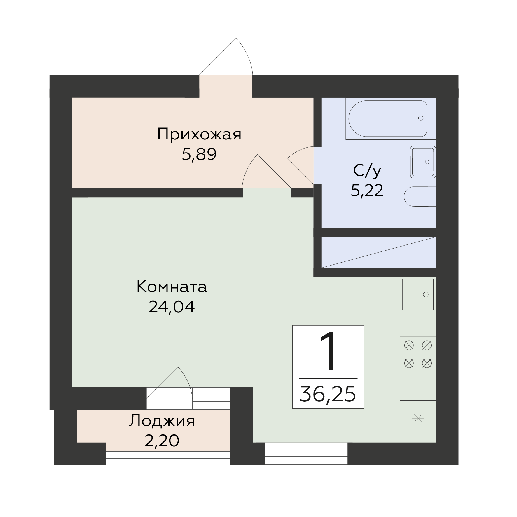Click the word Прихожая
click(199, 135)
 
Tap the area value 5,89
click(199, 154)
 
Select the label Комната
click(172, 287)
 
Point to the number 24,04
click(172, 307)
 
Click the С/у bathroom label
click(367, 171)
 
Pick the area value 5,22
click(367, 191)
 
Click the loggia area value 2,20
click(162, 441)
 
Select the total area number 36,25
click(328, 394)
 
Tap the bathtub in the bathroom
click(388, 118)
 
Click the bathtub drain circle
click(421, 118)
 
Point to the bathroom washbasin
click(423, 162)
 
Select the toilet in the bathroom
click(420, 196)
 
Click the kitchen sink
click(418, 294)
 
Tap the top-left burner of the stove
click(409, 345)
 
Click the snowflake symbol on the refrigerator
click(418, 419)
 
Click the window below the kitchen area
click(306, 454)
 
